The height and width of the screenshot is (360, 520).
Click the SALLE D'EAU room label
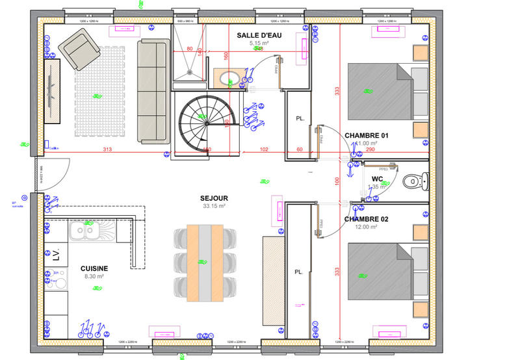[x=259, y=34]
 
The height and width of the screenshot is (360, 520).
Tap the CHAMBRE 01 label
[x=366, y=135]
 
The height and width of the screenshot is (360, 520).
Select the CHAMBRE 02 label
[x=366, y=219]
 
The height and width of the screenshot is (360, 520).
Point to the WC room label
[x=377, y=179]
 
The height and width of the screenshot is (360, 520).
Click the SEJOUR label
[x=213, y=198]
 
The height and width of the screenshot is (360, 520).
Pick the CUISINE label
[x=94, y=268]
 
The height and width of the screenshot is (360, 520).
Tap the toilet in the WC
[x=413, y=180]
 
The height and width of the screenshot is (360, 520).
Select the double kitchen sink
[x=84, y=229]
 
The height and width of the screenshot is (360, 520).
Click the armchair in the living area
[x=79, y=51]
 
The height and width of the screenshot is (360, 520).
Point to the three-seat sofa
[x=153, y=91]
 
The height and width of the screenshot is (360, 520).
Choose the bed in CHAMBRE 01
[x=380, y=91]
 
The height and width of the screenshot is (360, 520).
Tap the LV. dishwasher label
[x=55, y=253]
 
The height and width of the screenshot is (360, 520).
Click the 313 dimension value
[x=105, y=149]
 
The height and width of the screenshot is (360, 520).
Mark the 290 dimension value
[x=389, y=149]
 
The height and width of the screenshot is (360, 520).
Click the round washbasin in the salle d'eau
[x=225, y=81]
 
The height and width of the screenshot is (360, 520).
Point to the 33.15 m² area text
[x=213, y=206]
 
